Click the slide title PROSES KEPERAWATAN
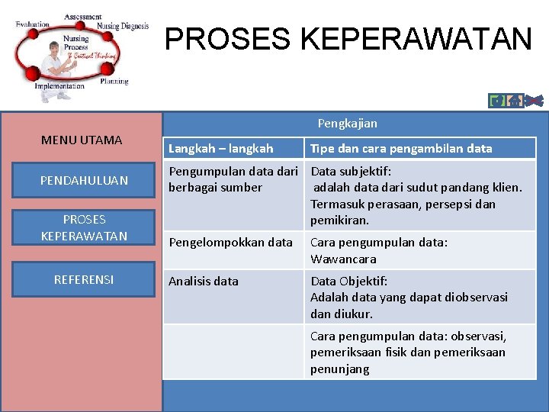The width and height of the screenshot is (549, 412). (348, 38)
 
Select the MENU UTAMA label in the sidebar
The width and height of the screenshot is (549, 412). (81, 140)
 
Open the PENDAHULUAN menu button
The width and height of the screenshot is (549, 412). (84, 180)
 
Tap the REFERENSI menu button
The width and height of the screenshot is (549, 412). (84, 279)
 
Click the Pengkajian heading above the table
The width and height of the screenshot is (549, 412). (347, 123)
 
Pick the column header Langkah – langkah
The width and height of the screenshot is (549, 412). (220, 148)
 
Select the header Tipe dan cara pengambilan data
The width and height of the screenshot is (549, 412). (401, 148)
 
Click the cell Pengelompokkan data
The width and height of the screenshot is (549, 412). (230, 242)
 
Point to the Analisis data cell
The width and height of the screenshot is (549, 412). (204, 281)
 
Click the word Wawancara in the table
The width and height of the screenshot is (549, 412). (343, 259)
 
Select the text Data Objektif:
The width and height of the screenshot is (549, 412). (348, 281)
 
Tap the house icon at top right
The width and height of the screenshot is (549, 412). (515, 100)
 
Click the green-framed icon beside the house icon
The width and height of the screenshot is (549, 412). (497, 100)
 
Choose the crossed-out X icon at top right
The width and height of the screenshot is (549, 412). (535, 100)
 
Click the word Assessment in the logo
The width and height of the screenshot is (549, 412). (83, 17)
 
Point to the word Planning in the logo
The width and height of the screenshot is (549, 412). (114, 81)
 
